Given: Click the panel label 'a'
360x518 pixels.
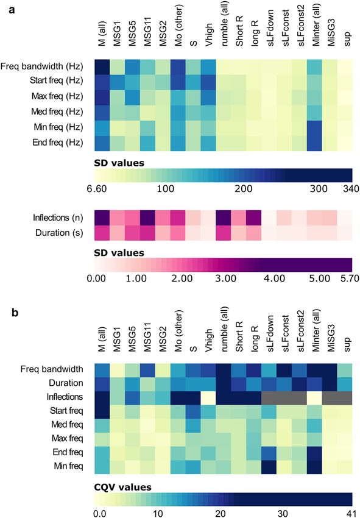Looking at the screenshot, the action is (12, 10).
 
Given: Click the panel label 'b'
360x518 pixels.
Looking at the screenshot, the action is (15, 312).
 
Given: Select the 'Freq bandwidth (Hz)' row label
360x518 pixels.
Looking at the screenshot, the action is (41, 66).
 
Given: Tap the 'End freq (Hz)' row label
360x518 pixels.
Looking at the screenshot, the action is (58, 143).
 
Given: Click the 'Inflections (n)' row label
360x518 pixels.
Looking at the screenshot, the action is (58, 218).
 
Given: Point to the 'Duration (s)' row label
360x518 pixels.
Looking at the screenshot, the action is (59, 233).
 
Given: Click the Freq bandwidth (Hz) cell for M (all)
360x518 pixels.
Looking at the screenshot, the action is (102, 67).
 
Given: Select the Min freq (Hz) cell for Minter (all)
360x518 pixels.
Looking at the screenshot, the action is (314, 128).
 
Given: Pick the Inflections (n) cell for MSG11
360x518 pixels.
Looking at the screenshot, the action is (147, 218).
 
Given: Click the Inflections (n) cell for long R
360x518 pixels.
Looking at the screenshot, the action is (253, 218).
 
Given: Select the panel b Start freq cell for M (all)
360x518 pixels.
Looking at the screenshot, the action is (102, 411).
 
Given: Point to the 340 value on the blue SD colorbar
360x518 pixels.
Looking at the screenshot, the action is (351, 189).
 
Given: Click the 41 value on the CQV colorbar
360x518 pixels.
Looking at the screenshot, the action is (350, 513).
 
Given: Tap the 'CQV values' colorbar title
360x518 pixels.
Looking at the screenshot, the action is (122, 488).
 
